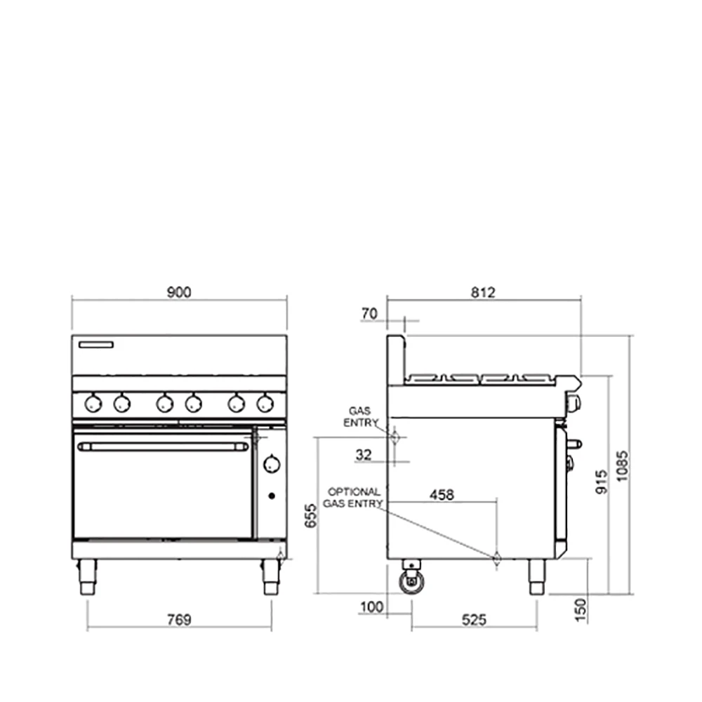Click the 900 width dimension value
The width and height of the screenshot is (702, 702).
pyautogui.click(x=179, y=293)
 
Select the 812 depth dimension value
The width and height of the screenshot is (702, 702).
pyautogui.click(x=483, y=293)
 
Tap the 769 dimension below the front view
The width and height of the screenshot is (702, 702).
pyautogui.click(x=179, y=619)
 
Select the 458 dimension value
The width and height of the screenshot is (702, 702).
pyautogui.click(x=442, y=495)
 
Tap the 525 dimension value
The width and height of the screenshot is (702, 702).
pyautogui.click(x=475, y=619)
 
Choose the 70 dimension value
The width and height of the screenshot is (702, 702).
pyautogui.click(x=369, y=314)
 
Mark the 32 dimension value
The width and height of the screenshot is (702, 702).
pyautogui.click(x=363, y=455)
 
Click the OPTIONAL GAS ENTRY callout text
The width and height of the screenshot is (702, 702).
pyautogui.click(x=355, y=498)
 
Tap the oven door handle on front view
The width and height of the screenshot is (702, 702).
pyautogui.click(x=163, y=446)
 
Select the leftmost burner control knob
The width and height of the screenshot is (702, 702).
pyautogui.click(x=93, y=403)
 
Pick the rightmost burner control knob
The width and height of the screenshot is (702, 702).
pyautogui.click(x=265, y=403)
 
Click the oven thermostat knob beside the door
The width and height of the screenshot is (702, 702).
pyautogui.click(x=272, y=464)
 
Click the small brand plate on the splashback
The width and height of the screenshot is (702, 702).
pyautogui.click(x=96, y=345)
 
